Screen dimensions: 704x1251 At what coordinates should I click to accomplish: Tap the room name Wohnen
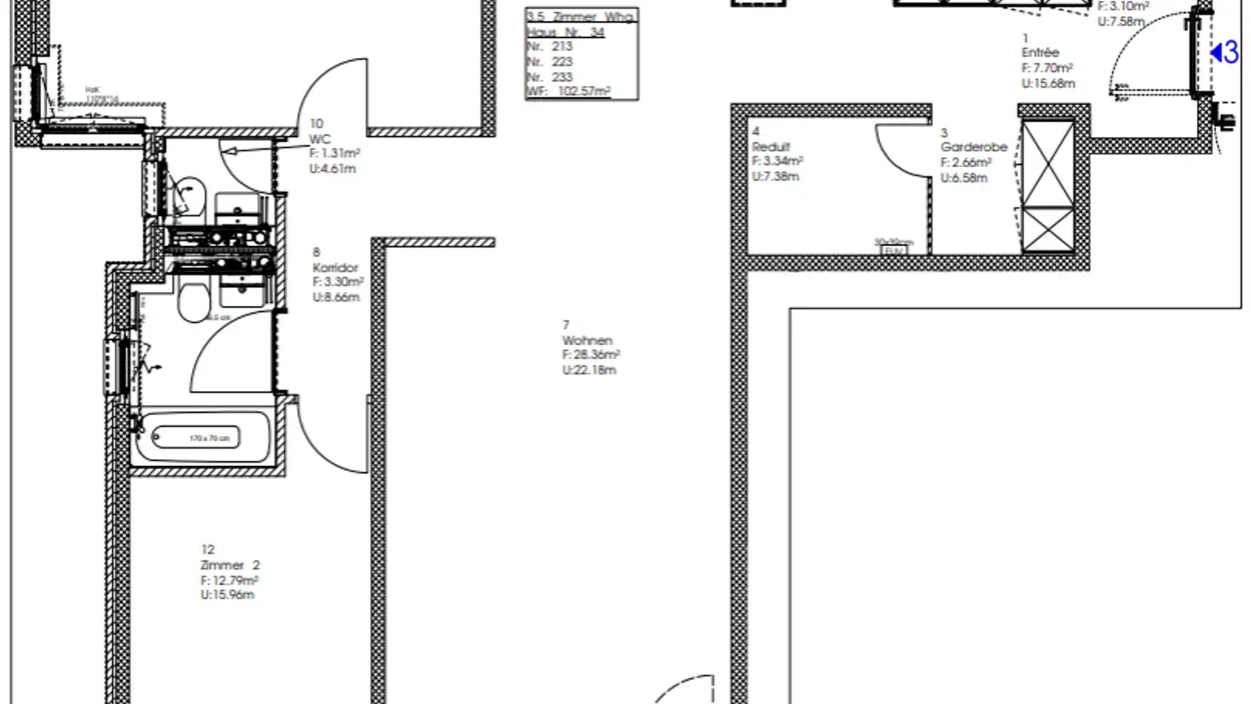[x=587, y=341]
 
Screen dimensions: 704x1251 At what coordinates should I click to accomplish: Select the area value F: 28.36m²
[x=591, y=355]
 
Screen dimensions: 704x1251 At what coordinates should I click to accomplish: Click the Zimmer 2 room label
[x=229, y=565]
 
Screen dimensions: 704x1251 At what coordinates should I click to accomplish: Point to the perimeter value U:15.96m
[x=227, y=595]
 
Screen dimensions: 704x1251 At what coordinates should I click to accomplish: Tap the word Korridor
[x=335, y=268]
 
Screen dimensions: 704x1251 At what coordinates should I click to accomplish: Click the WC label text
[x=320, y=139]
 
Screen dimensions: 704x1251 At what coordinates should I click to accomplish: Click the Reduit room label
[x=771, y=147]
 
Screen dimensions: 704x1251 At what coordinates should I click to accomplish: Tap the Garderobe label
[x=973, y=147]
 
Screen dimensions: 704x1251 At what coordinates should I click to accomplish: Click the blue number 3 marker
[x=1226, y=53]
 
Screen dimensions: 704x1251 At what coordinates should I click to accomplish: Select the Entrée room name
[x=1040, y=53]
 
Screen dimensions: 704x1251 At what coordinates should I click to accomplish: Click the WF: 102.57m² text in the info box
[x=569, y=91]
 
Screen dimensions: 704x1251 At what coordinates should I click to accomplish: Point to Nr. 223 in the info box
[x=549, y=62]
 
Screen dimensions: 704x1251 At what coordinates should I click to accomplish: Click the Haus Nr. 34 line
[x=566, y=32]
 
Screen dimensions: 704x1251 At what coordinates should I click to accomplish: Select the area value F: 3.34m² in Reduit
[x=777, y=162]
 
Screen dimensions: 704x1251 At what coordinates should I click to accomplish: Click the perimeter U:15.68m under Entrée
[x=1048, y=83]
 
